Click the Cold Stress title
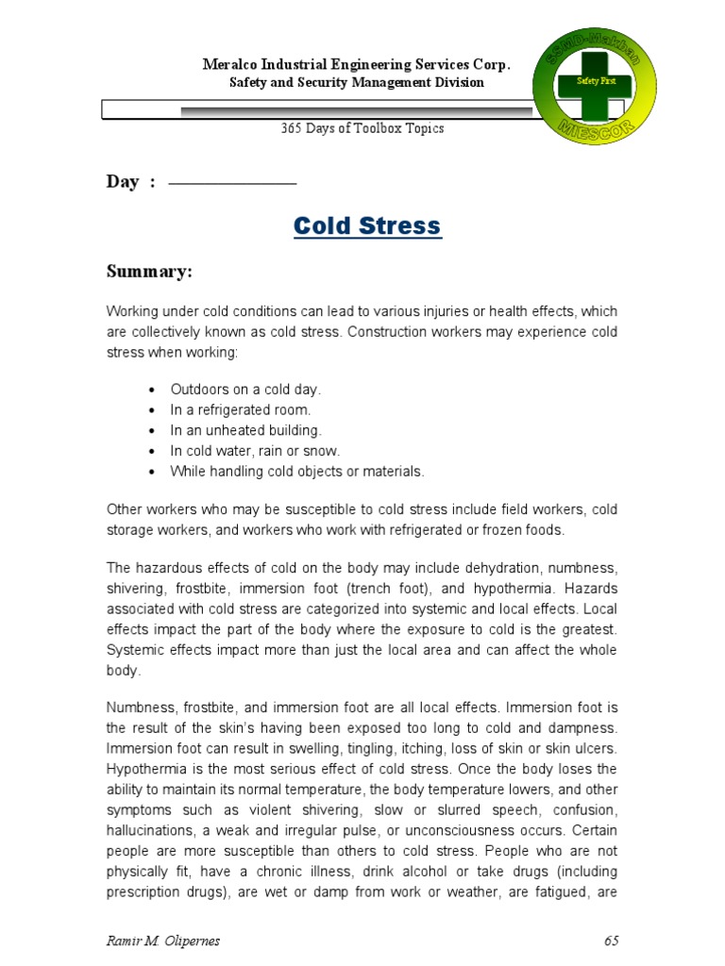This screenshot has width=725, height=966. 366,226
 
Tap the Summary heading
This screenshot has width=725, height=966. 149,272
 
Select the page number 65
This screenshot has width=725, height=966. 610,941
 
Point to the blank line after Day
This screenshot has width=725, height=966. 232,183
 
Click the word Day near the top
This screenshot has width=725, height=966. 123,182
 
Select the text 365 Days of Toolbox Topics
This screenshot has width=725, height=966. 362,128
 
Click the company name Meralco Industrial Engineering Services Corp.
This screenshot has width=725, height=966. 357,65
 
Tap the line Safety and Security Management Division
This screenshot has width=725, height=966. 357,83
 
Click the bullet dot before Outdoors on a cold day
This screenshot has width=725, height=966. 152,390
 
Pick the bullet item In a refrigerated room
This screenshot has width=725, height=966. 240,410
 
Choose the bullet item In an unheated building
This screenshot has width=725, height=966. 245,430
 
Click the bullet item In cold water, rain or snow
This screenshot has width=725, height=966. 255,451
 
